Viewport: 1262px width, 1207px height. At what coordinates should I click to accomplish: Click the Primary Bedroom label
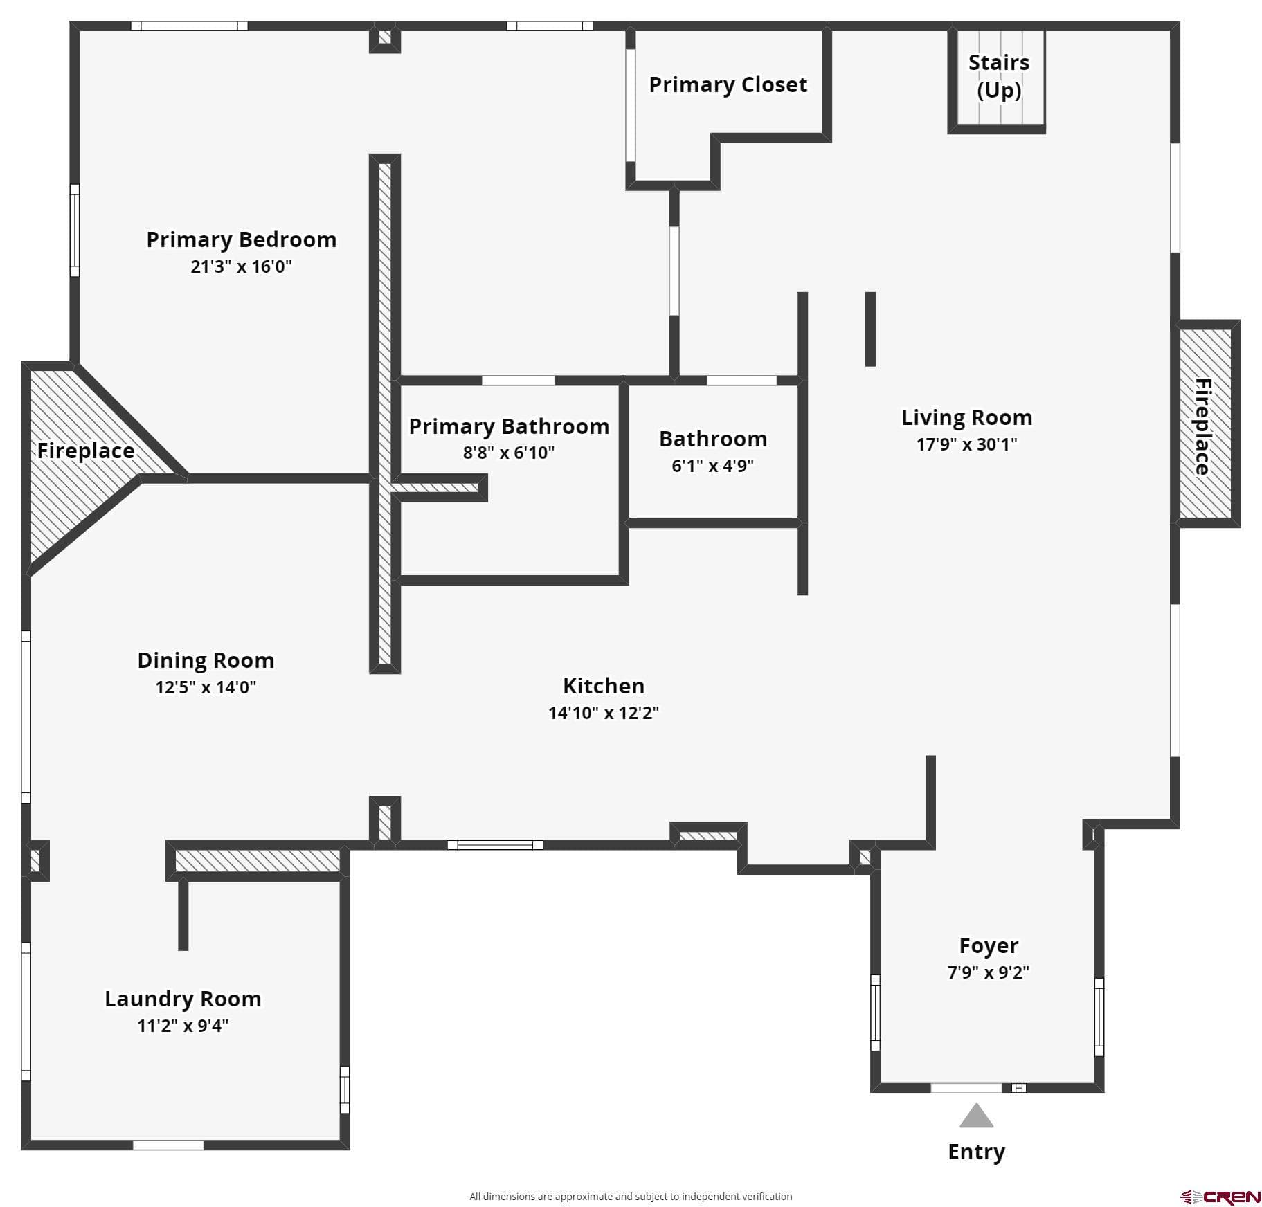pos(241,239)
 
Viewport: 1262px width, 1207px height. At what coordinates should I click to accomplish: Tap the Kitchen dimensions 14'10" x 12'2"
pos(604,713)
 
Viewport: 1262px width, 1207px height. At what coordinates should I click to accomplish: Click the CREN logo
pos(1220,1197)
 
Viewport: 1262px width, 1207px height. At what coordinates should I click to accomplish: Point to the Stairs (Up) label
pos(999,76)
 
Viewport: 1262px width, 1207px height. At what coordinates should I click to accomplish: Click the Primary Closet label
pos(728,84)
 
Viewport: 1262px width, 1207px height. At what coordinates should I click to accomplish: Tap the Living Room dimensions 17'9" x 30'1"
pos(967,444)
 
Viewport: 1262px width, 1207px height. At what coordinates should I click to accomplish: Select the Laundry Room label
pos(183,999)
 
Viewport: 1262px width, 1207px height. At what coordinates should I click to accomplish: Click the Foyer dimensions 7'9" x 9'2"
pos(989,972)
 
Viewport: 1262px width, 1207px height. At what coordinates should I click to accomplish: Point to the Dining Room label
pos(206,660)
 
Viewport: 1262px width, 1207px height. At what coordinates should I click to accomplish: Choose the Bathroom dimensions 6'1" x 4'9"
pos(713,466)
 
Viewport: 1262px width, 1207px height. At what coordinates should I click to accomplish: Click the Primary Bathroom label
pos(509,426)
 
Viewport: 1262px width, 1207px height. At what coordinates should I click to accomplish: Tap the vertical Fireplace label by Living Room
pos(1202,426)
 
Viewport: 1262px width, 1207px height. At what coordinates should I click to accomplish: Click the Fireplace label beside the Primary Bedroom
pos(86,451)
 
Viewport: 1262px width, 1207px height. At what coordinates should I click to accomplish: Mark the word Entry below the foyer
pos(976,1152)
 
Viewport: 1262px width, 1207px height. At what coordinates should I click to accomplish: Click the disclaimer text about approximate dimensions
pos(631,1197)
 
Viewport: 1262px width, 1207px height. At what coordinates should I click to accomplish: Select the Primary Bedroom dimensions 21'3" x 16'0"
pos(241,266)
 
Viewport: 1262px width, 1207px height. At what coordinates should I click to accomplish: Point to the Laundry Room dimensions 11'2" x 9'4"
pos(183,1026)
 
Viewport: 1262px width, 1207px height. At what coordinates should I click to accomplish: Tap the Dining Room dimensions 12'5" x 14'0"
pos(206,687)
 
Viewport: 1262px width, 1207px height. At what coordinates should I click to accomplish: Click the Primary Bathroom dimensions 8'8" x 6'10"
pos(509,453)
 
